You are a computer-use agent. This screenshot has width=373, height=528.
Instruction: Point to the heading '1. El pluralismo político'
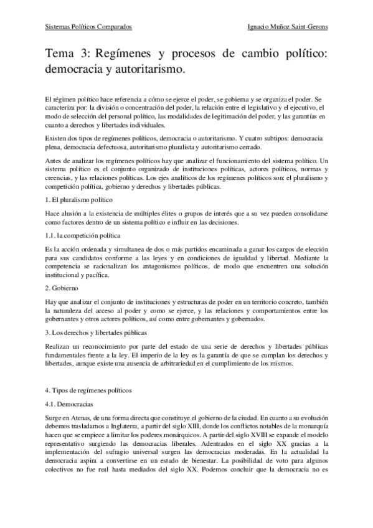click(79, 200)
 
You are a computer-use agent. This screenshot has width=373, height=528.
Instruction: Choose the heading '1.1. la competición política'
click(84, 237)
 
